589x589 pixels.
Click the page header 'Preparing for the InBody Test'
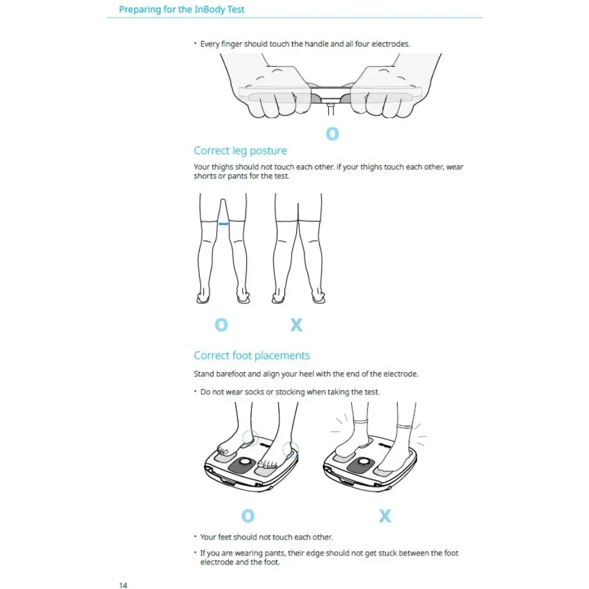(181, 9)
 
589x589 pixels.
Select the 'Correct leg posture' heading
(240, 151)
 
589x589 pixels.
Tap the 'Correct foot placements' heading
(252, 356)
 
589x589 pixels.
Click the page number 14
(123, 585)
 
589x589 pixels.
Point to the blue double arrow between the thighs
(223, 224)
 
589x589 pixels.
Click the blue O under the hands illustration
(332, 134)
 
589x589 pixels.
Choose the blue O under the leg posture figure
(221, 324)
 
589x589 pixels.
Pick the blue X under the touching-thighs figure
(296, 324)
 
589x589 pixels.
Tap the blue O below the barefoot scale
(248, 516)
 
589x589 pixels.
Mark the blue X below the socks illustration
(385, 516)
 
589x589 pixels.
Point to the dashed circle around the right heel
(290, 451)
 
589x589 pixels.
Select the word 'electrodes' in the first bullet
(391, 44)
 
